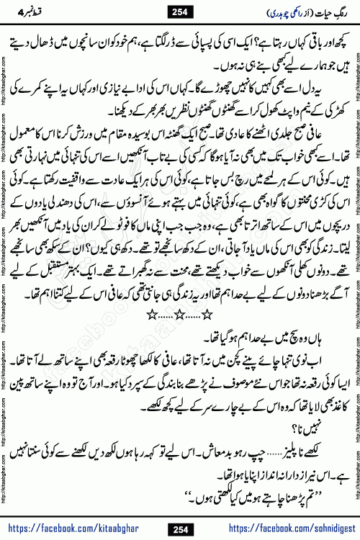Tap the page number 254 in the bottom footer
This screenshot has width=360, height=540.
(x=181, y=530)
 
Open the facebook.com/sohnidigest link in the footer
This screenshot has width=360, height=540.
(x=280, y=530)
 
